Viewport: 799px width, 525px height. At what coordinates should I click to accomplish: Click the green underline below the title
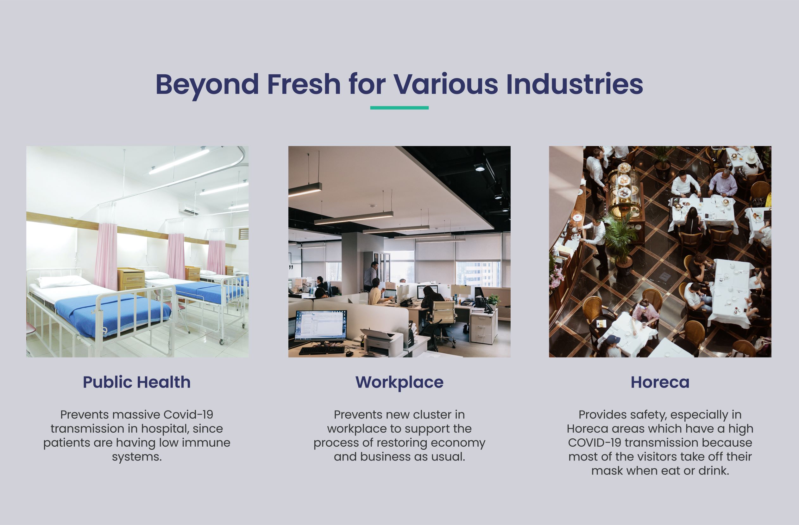coord(399,107)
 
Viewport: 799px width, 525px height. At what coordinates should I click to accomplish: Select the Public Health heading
coord(137,382)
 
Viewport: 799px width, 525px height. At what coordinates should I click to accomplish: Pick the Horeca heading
coord(660,382)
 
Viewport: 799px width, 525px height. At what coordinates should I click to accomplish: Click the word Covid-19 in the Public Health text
coord(188,415)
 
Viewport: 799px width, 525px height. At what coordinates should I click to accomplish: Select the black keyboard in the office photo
coord(322,350)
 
